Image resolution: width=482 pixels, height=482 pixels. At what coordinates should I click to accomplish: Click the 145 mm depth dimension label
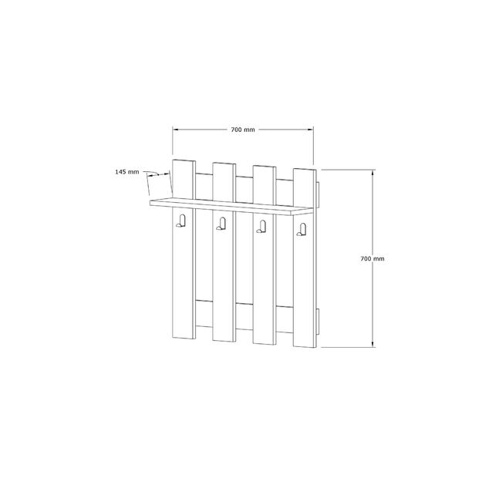click(x=127, y=172)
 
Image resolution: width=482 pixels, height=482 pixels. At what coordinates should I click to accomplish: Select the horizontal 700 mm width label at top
click(x=243, y=130)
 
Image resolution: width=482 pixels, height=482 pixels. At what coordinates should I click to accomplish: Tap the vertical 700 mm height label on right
click(x=372, y=259)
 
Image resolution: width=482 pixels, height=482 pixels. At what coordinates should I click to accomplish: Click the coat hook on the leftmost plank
click(x=181, y=221)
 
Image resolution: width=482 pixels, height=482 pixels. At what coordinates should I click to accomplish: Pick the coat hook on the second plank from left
click(x=221, y=224)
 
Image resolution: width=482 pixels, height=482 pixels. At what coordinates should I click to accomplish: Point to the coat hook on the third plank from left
click(x=261, y=227)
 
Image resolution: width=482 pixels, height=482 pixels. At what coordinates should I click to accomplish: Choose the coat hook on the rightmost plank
click(x=302, y=230)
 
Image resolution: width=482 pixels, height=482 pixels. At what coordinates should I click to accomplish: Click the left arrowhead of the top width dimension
click(x=175, y=130)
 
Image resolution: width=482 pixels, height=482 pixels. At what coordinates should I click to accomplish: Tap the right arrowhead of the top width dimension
click(x=310, y=130)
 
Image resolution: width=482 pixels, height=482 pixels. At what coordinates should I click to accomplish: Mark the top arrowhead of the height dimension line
click(x=373, y=173)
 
